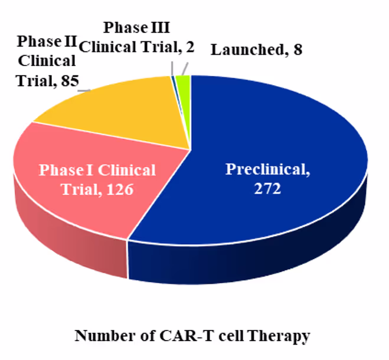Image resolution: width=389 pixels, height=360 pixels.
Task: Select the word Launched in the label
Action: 244,50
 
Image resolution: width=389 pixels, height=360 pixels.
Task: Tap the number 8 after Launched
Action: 298,50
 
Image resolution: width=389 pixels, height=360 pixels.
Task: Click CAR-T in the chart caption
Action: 192,336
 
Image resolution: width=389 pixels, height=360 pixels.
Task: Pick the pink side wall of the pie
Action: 71,248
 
